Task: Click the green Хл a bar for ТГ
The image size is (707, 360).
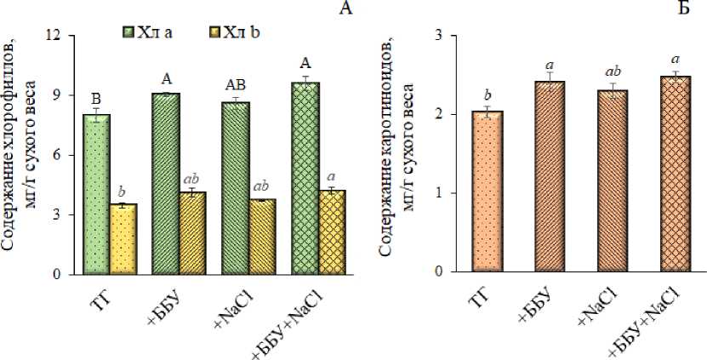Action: pyautogui.click(x=97, y=195)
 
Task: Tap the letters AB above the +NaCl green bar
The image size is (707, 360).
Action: pyautogui.click(x=234, y=86)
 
